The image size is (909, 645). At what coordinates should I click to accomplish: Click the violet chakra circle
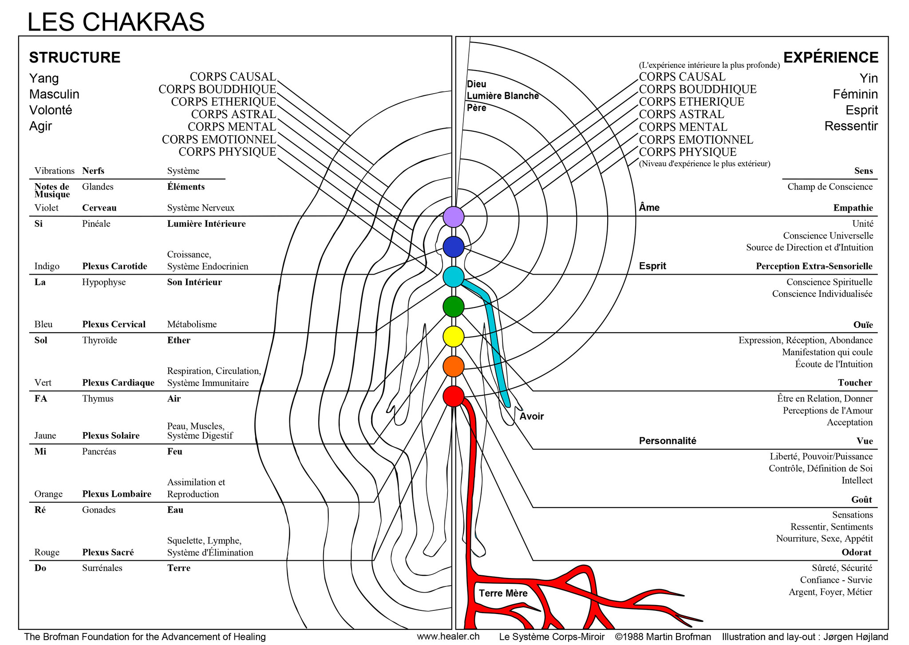(454, 217)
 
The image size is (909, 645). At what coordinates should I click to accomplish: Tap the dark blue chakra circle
(454, 247)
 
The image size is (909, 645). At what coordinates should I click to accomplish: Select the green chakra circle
(454, 307)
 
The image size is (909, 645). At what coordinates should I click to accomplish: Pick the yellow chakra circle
(454, 336)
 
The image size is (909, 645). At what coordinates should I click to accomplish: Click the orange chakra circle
(454, 366)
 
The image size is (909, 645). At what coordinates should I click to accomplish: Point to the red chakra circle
(454, 396)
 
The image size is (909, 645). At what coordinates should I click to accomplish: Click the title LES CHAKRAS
(116, 22)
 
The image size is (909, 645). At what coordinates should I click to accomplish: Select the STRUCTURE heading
(75, 58)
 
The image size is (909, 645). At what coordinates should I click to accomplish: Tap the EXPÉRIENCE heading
(831, 57)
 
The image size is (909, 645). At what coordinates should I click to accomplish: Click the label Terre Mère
(503, 593)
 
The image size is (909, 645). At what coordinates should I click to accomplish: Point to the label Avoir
(532, 416)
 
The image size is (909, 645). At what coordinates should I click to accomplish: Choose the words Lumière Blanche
(503, 96)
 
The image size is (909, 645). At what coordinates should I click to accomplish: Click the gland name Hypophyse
(104, 282)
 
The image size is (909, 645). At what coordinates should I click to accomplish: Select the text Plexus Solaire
(111, 436)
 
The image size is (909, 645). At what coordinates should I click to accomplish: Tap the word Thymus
(98, 399)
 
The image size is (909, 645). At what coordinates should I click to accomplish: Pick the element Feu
(175, 452)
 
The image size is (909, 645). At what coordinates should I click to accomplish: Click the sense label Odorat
(857, 552)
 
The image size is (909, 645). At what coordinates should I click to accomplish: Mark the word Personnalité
(668, 440)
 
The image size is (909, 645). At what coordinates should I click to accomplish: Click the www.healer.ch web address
(448, 636)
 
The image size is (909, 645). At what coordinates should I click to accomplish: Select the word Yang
(44, 79)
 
